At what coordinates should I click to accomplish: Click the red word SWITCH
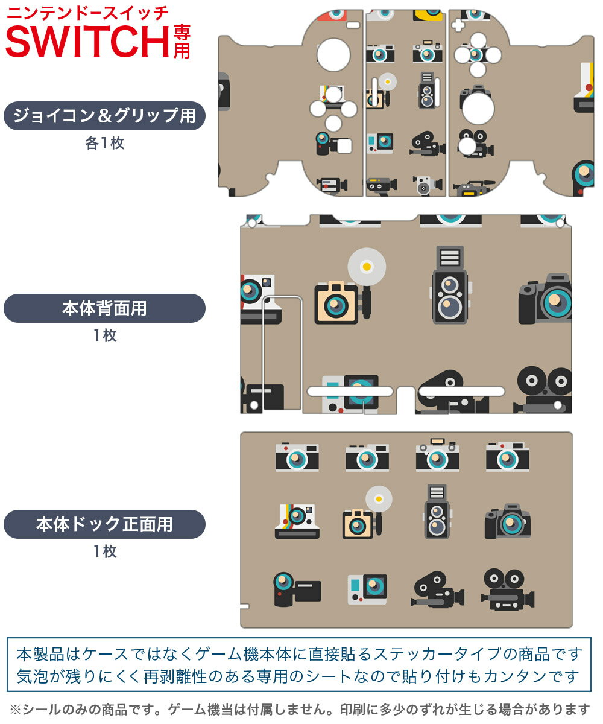click(x=87, y=42)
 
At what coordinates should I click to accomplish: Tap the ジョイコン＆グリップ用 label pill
click(x=104, y=116)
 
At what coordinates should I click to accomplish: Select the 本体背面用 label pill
click(x=104, y=308)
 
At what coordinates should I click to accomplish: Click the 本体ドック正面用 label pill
click(x=104, y=524)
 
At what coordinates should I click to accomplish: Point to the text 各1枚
click(x=104, y=143)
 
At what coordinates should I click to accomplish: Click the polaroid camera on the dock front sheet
click(x=297, y=521)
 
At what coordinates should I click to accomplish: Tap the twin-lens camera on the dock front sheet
click(x=437, y=512)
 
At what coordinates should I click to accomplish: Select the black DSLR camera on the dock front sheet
click(x=507, y=521)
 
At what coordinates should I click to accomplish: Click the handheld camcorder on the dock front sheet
click(x=297, y=589)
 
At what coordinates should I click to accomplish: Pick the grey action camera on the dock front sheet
click(x=367, y=589)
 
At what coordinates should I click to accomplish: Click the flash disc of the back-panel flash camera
click(x=367, y=267)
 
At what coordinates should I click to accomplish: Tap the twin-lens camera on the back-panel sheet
click(x=450, y=285)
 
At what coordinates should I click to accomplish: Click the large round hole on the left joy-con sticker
click(x=333, y=55)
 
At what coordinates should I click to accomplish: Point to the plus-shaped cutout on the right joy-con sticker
click(x=458, y=25)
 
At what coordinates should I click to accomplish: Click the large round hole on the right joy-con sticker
click(x=478, y=108)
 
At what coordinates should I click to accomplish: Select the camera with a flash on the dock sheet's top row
click(x=437, y=454)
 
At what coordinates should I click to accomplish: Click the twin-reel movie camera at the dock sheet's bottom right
click(x=507, y=589)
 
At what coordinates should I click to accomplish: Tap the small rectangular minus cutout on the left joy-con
click(x=353, y=25)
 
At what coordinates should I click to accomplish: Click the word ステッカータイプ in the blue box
click(x=437, y=654)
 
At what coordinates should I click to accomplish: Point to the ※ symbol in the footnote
click(x=16, y=710)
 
